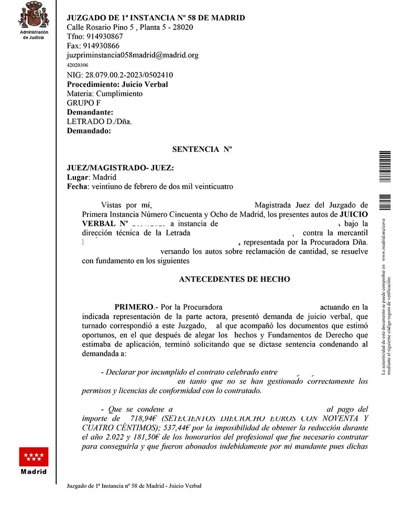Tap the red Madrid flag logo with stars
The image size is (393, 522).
(x=34, y=456)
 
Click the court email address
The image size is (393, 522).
(x=133, y=55)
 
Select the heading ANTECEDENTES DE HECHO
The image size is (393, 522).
(x=234, y=279)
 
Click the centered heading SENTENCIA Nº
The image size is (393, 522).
(x=202, y=149)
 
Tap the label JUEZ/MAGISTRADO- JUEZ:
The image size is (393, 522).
(x=120, y=168)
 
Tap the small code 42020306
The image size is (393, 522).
(x=78, y=66)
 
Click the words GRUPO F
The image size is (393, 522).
(x=84, y=103)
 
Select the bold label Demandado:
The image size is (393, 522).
(x=89, y=132)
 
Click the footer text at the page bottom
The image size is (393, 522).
(x=134, y=486)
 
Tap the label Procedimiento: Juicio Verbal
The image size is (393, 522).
(x=118, y=84)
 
